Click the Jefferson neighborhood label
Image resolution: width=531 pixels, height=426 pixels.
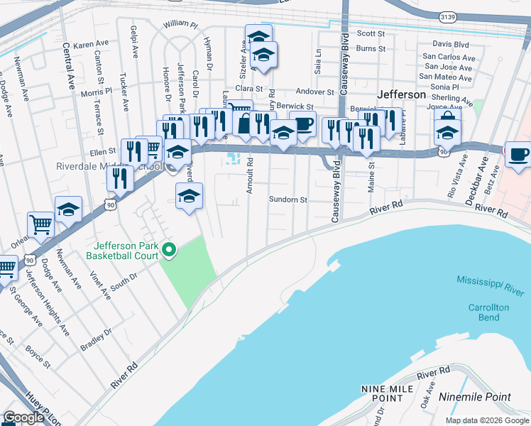click(x=401, y=94)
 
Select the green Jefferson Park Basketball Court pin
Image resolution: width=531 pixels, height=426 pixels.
click(x=169, y=248)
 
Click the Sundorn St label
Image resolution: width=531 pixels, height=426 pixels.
click(x=288, y=200)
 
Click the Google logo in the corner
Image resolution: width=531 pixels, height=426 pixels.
click(x=24, y=417)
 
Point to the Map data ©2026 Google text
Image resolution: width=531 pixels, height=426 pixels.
click(x=487, y=420)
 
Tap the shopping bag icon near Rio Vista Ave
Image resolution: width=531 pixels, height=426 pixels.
click(x=447, y=118)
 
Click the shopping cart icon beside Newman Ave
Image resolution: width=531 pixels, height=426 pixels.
click(x=41, y=224)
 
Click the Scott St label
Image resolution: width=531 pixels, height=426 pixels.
click(x=371, y=33)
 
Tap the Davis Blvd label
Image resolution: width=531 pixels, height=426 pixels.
click(x=451, y=44)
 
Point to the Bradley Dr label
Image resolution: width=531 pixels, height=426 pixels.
click(x=97, y=334)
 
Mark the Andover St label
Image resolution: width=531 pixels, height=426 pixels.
click(x=314, y=92)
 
